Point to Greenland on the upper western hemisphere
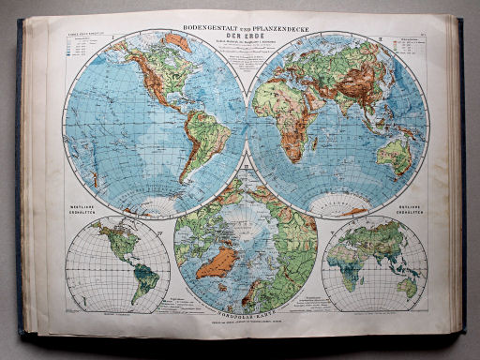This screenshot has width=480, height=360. coord(178,41)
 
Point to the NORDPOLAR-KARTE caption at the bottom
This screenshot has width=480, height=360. coord(246,314)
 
